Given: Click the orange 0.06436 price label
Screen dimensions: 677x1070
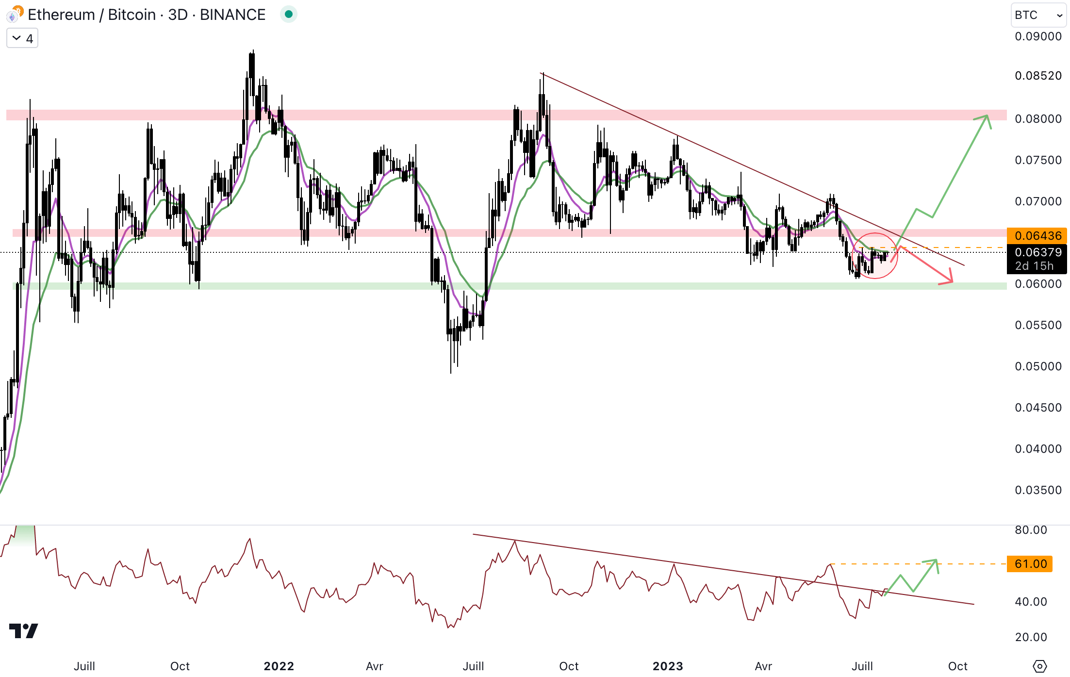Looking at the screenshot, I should click(1037, 236).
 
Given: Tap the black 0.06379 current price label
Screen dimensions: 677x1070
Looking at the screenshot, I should click(1037, 252).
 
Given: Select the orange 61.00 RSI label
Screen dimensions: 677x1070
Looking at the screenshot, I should click(1030, 564).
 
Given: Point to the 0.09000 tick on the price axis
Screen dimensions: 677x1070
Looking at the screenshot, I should click(1038, 36).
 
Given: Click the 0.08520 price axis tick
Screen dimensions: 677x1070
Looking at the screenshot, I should click(1038, 76).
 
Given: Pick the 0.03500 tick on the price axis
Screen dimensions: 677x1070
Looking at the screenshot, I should click(1038, 490).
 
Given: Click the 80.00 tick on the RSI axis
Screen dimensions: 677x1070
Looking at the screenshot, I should click(1031, 530).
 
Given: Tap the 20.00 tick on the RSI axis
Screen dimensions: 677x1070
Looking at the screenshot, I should click(1031, 637).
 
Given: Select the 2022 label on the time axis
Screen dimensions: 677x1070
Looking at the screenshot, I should click(279, 666).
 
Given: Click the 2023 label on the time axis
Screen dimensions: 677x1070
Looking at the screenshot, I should click(668, 666).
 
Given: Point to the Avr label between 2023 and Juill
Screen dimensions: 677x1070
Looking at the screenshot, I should click(763, 666).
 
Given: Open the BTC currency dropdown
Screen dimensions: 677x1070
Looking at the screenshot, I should click(1039, 16).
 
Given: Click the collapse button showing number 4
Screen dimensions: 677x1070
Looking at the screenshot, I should click(22, 38).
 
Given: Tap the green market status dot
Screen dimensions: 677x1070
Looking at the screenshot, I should click(289, 15).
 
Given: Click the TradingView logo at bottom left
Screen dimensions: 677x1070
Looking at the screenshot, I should click(23, 631).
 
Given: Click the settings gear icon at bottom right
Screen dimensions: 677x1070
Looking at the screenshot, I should click(1039, 666).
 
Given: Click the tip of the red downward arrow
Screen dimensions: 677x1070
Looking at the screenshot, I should click(952, 282).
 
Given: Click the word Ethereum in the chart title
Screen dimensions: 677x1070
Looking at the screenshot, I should click(61, 15).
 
